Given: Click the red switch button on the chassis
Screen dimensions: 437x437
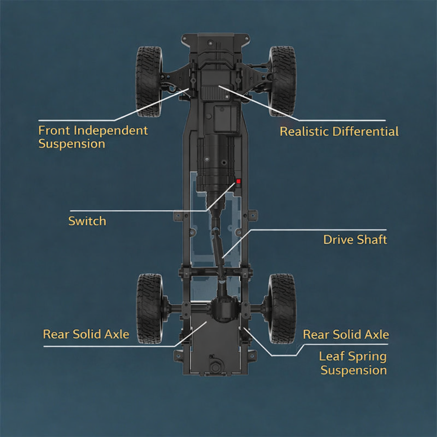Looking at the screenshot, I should pyautogui.click(x=239, y=181).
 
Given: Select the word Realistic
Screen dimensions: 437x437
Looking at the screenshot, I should pyautogui.click(x=304, y=131).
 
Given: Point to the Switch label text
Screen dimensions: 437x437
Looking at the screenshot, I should pyautogui.click(x=87, y=221).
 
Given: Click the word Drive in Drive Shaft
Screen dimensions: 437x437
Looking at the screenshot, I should pyautogui.click(x=337, y=239).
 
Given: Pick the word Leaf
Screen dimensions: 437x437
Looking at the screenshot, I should pyautogui.click(x=332, y=356).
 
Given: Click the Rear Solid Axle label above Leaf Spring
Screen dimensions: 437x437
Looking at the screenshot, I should pyautogui.click(x=346, y=334).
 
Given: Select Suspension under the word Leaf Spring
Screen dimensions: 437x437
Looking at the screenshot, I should pyautogui.click(x=354, y=370).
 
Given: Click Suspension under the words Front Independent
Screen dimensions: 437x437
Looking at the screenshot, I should pyautogui.click(x=72, y=144).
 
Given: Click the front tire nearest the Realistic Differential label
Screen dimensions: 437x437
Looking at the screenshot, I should pyautogui.click(x=282, y=81).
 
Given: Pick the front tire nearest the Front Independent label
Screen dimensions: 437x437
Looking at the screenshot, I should pyautogui.click(x=149, y=81).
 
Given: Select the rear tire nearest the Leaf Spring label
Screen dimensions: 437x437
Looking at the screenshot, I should pyautogui.click(x=282, y=309).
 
